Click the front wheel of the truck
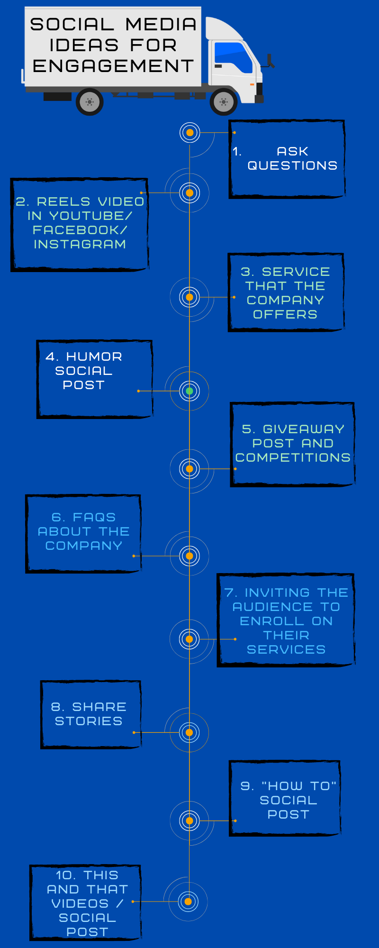coord(224,101)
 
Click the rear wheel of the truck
coord(90,101)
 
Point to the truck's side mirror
coord(270,61)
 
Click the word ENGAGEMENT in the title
coord(113,66)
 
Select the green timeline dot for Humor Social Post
coord(189,391)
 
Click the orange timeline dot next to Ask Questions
coord(189,133)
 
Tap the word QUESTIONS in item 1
coord(292,165)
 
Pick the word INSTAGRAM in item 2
coord(80,244)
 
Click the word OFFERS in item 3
coord(285,314)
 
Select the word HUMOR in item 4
coord(94,356)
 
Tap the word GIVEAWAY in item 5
coord(303,429)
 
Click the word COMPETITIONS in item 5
coord(293,457)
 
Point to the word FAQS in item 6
coord(94,517)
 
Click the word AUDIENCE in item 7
coord(272,607)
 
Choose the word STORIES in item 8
coord(89,721)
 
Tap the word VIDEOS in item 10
coord(80,903)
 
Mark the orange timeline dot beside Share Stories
coord(189,732)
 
